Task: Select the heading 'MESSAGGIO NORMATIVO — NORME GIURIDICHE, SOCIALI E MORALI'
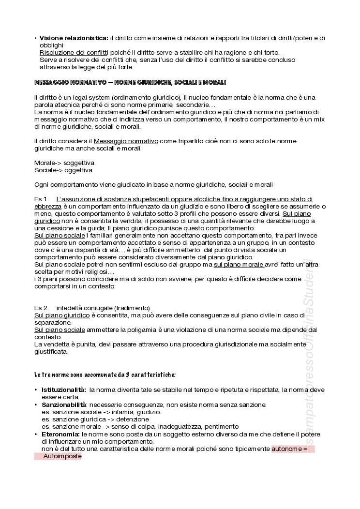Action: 130,83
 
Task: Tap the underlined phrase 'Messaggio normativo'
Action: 126,141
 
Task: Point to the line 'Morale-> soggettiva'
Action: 64,163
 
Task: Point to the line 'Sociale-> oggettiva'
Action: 63,170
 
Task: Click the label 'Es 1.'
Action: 42,199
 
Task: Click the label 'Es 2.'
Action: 42,308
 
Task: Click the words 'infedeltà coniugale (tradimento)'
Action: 103,308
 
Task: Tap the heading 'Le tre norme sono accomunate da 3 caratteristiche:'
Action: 105,375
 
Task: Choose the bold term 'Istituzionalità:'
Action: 64,389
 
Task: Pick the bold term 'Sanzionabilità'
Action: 63,404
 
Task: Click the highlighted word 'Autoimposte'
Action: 62,456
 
